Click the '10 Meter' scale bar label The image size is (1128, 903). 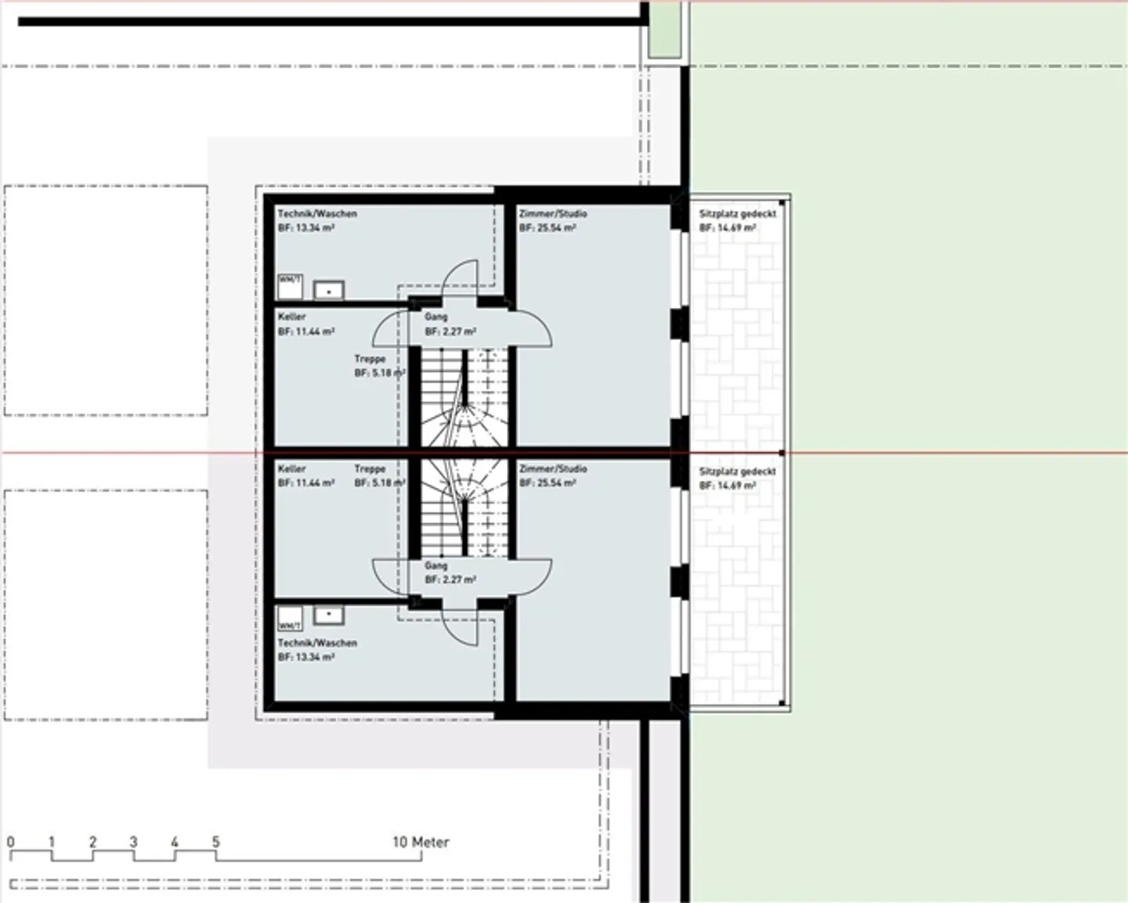[421, 842]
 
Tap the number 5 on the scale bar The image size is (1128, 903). [215, 842]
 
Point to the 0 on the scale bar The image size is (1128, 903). [10, 842]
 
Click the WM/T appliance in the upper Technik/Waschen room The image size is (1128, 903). [290, 286]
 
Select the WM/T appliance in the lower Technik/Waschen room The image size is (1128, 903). [290, 618]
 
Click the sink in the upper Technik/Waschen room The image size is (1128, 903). [329, 290]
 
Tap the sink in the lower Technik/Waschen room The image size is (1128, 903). [329, 615]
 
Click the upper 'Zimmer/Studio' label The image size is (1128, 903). [552, 213]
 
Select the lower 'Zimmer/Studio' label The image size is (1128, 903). [552, 468]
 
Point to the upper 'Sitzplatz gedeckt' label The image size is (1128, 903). [737, 213]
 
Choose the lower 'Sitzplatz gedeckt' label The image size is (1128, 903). [737, 471]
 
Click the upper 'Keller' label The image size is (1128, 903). [291, 316]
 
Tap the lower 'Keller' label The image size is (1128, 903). [291, 468]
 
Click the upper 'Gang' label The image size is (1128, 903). [436, 316]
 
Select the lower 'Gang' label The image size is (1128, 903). [436, 565]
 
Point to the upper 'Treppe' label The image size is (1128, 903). [370, 359]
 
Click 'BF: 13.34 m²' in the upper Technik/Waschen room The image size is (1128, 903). [306, 228]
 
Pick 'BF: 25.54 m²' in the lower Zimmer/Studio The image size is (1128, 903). [547, 483]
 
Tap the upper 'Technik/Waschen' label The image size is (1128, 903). [317, 213]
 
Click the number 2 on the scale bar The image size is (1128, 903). [92, 842]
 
